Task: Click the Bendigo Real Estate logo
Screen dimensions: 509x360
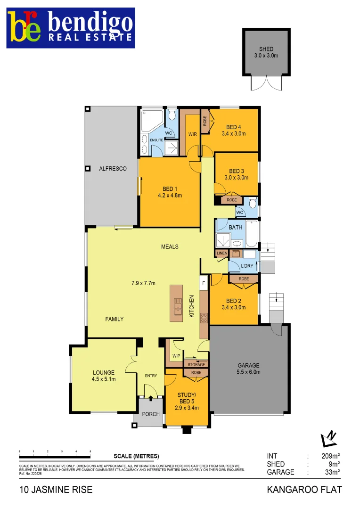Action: pyautogui.click(x=71, y=28)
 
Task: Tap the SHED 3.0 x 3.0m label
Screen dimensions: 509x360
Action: pyautogui.click(x=266, y=52)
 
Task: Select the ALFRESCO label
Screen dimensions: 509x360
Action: pyautogui.click(x=112, y=169)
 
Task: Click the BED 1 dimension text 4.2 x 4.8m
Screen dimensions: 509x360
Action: pyautogui.click(x=170, y=196)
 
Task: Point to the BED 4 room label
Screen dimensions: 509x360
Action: pyautogui.click(x=234, y=127)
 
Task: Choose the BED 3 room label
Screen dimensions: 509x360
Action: pyautogui.click(x=237, y=171)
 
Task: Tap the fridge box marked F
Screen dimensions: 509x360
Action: pyautogui.click(x=204, y=283)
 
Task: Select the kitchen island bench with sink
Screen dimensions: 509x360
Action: pyautogui.click(x=177, y=303)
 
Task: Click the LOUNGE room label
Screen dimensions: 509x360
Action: pyautogui.click(x=104, y=373)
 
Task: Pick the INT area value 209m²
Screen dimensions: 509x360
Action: pyautogui.click(x=329, y=456)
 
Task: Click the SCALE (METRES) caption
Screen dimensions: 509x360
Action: pyautogui.click(x=136, y=456)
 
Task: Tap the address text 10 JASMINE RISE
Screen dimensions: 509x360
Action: pyautogui.click(x=56, y=490)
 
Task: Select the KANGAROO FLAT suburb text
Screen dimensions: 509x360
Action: pyautogui.click(x=304, y=490)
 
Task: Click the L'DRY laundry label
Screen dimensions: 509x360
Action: pyautogui.click(x=247, y=266)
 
